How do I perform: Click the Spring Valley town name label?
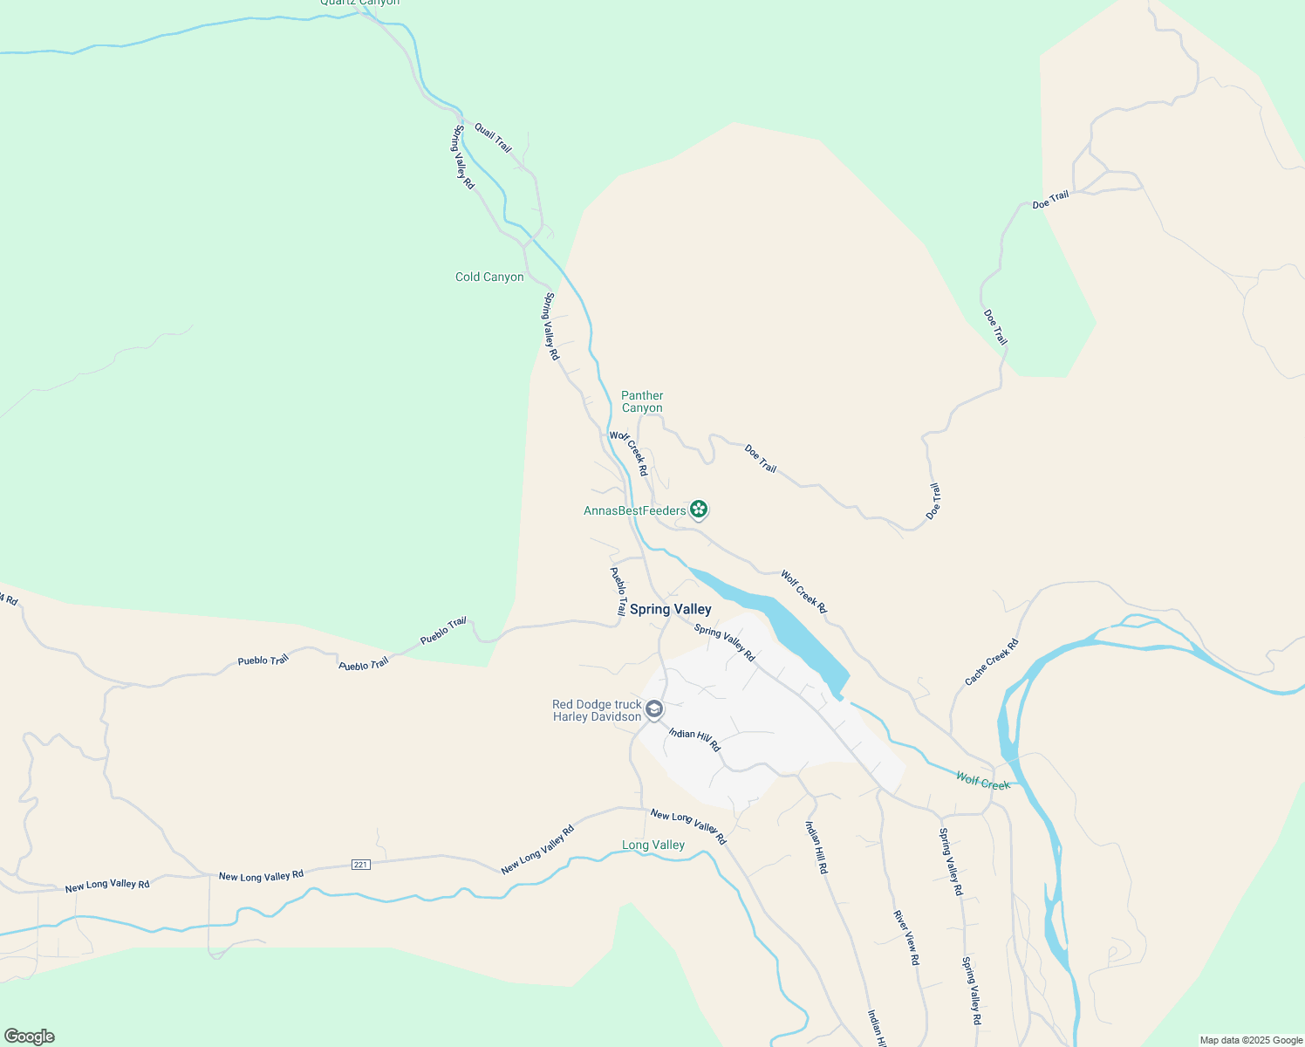(670, 610)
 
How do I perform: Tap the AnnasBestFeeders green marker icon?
(698, 509)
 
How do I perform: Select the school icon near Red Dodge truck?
(654, 709)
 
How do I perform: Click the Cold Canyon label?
(489, 277)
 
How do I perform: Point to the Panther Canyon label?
(642, 402)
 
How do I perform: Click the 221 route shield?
(361, 865)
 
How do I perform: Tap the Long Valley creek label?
(652, 845)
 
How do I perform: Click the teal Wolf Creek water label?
(982, 782)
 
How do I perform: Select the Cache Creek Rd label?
(992, 662)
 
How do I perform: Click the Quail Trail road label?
(493, 138)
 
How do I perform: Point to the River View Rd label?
(905, 937)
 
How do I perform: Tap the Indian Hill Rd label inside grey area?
(694, 739)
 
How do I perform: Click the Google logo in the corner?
(30, 1037)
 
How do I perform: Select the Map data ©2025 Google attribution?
(1251, 1040)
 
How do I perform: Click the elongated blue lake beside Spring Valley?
(768, 615)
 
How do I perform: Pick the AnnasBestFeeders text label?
(634, 511)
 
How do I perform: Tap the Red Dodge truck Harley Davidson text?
(597, 711)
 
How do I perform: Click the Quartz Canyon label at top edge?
(359, 3)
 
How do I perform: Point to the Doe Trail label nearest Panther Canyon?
(761, 458)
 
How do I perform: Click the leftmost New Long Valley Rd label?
(107, 885)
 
